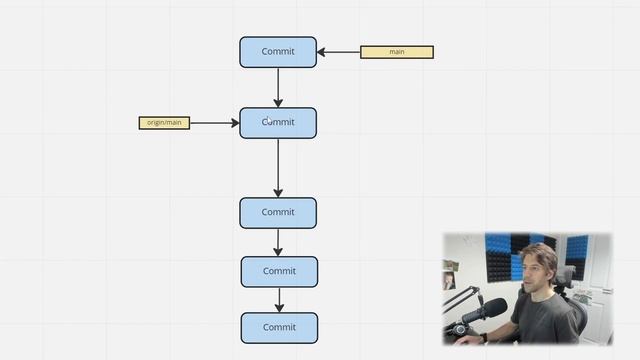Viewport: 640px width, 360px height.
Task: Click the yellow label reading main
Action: (x=396, y=52)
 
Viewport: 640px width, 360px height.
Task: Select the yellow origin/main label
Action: (x=164, y=123)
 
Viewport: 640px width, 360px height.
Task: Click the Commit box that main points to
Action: (x=278, y=52)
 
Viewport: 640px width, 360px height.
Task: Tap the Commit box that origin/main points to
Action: (x=278, y=123)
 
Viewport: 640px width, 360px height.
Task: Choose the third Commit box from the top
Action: (x=278, y=212)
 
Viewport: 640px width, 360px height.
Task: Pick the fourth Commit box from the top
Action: (x=279, y=271)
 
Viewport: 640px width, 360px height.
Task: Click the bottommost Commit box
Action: (x=279, y=327)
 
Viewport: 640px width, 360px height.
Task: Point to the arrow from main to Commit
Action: (x=339, y=52)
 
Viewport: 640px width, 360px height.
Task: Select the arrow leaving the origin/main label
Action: (x=214, y=123)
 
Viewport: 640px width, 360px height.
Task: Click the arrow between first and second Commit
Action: (x=278, y=88)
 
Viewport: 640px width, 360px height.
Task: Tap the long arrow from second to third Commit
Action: (x=278, y=167)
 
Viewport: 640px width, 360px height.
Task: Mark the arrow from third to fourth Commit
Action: (x=278, y=242)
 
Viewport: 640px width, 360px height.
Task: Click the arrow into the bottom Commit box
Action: (x=279, y=299)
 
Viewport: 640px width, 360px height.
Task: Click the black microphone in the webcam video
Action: (x=489, y=310)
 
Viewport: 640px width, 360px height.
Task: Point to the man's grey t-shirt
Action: (x=545, y=320)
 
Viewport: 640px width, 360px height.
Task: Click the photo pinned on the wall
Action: (x=450, y=281)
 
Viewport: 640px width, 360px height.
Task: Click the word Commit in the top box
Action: (x=278, y=52)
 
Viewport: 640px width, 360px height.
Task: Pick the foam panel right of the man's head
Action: (x=575, y=255)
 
